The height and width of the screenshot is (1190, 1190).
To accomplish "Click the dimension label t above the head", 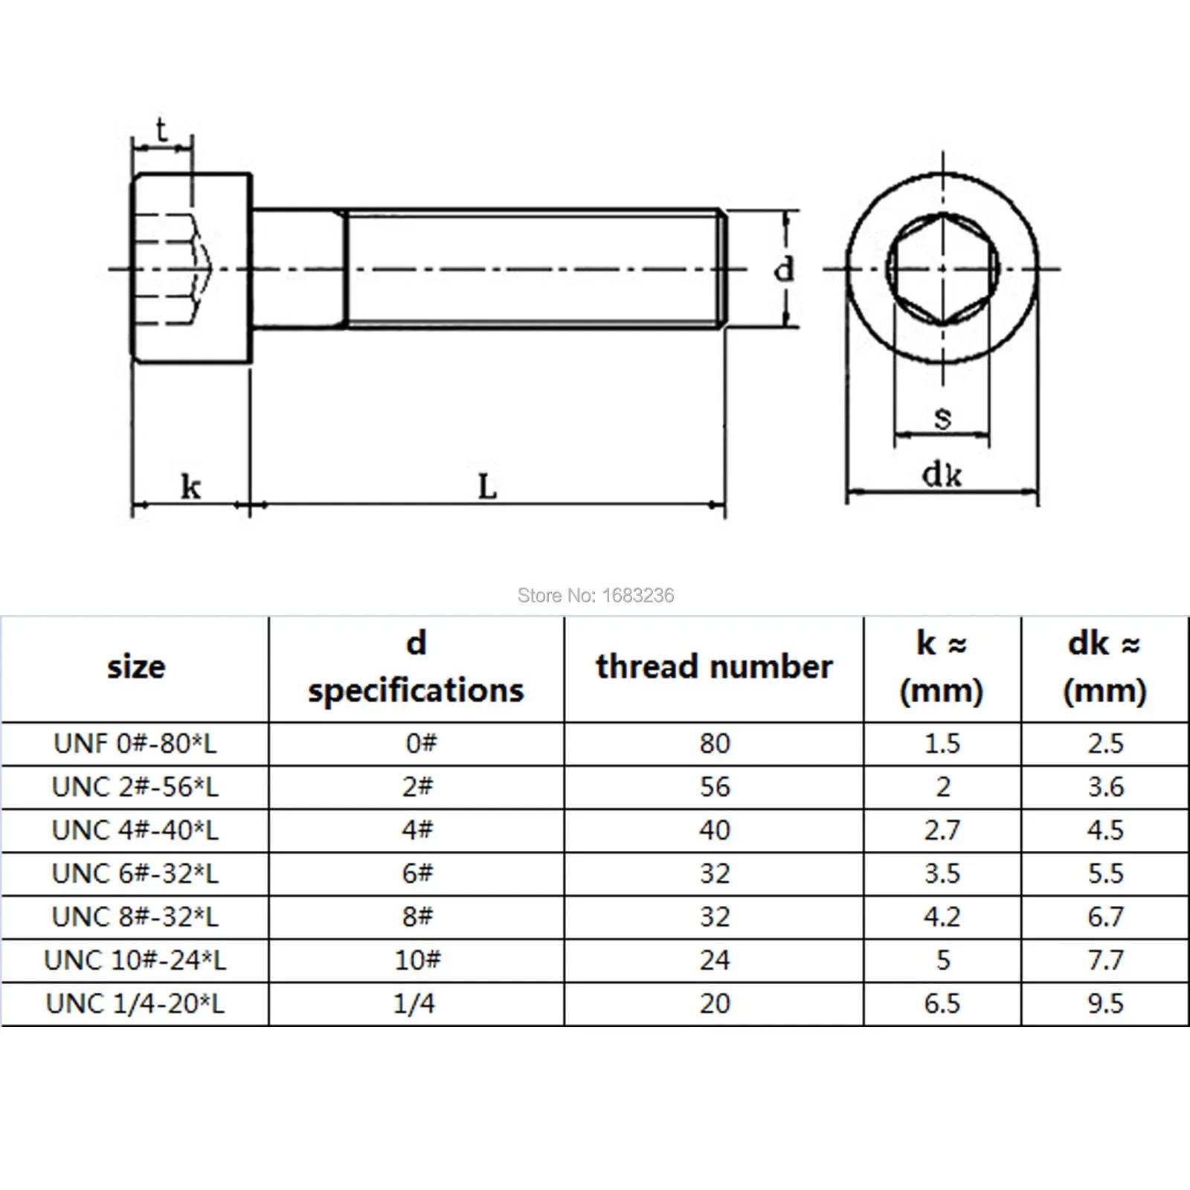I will (x=162, y=132).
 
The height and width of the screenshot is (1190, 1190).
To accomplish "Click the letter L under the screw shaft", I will (x=487, y=487).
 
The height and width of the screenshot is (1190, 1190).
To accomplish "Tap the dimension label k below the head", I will (x=190, y=487).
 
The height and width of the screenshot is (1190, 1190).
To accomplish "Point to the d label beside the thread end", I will (x=784, y=269).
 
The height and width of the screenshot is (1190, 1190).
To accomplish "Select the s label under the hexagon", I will (x=942, y=417).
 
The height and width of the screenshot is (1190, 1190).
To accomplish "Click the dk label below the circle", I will (x=942, y=475).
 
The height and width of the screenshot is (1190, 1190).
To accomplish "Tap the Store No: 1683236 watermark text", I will (x=595, y=595).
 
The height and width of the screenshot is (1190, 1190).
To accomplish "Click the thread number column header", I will (x=714, y=666).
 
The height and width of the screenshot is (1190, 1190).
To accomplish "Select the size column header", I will (x=136, y=666).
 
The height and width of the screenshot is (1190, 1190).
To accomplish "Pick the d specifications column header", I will (x=416, y=667).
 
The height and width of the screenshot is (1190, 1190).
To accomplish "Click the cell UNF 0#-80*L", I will (x=135, y=743).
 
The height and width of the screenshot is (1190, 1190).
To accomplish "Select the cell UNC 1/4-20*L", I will (x=135, y=1003).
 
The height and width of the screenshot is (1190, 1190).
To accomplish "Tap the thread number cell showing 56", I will (x=715, y=787).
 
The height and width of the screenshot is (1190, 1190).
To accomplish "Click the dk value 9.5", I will (x=1105, y=1003).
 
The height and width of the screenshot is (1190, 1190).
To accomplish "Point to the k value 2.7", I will (x=942, y=830).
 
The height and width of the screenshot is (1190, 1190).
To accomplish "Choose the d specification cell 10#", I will (x=417, y=960).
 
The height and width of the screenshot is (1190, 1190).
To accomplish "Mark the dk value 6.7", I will (x=1105, y=917).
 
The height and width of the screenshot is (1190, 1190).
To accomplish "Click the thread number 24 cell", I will (x=715, y=960).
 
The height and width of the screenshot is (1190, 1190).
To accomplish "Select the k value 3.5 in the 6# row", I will (x=942, y=873).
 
